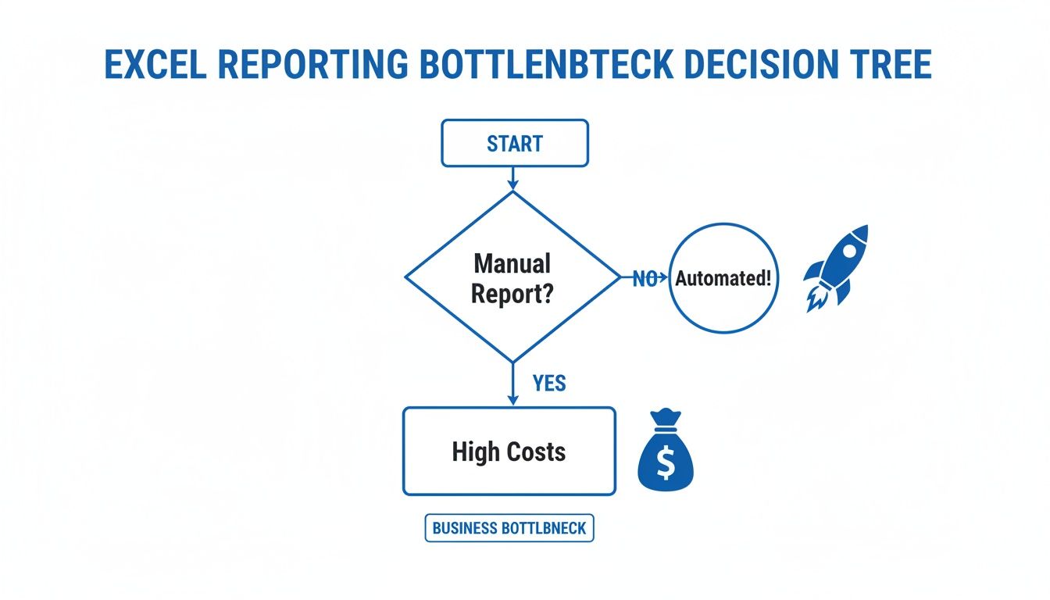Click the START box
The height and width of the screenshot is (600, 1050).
[514, 143]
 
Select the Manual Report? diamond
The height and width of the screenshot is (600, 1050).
[512, 277]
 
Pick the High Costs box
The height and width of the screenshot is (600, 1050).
[509, 452]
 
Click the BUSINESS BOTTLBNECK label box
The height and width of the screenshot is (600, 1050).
[509, 529]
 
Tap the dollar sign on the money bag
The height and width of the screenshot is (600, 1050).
[666, 463]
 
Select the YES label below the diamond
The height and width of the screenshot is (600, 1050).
[549, 384]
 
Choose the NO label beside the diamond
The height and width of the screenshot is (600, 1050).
[644, 279]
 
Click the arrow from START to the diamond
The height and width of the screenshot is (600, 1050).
[513, 179]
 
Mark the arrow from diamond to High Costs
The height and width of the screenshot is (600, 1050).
[513, 384]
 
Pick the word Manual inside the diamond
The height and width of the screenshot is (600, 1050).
[512, 263]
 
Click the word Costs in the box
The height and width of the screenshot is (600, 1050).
[536, 452]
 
